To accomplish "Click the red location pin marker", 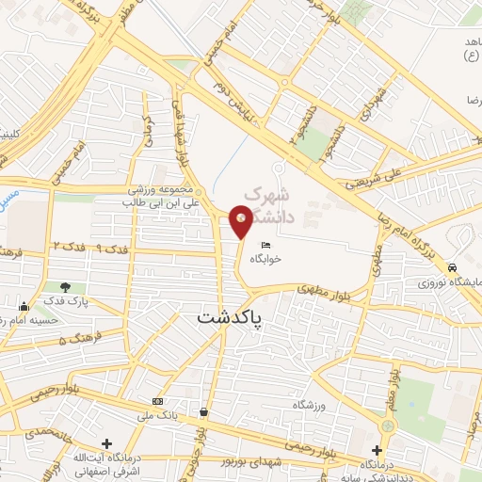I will click(242, 219).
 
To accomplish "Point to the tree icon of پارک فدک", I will click(64, 287).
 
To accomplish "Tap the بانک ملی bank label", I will click(156, 415).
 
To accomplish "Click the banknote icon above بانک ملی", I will click(157, 402).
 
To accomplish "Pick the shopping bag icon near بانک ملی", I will click(203, 411).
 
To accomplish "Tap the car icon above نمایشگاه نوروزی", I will click(453, 266).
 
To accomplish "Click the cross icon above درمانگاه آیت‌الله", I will click(106, 443).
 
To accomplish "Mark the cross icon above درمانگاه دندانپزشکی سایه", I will click(378, 450).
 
